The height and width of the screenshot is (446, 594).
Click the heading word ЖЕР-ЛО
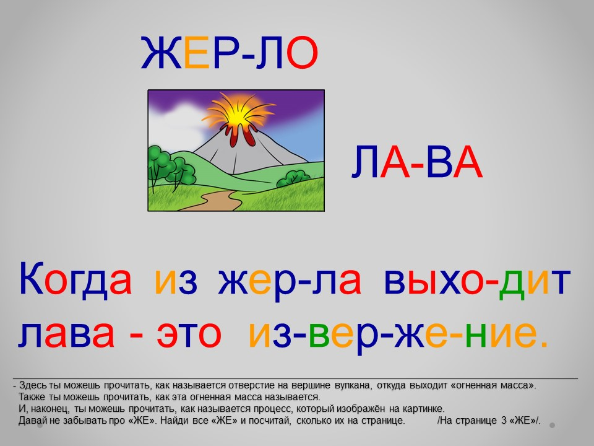[229, 53]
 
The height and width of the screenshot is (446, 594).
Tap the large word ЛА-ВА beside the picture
[417, 162]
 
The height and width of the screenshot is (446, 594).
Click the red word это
[189, 334]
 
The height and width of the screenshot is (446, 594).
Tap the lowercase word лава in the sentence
[66, 334]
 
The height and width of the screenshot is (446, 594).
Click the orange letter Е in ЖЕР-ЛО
[196, 53]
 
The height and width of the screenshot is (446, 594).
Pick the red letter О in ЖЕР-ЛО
[302, 53]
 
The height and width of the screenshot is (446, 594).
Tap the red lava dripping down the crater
[241, 136]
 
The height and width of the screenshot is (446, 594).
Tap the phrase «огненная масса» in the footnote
[493, 385]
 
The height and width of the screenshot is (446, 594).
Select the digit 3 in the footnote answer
[504, 421]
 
